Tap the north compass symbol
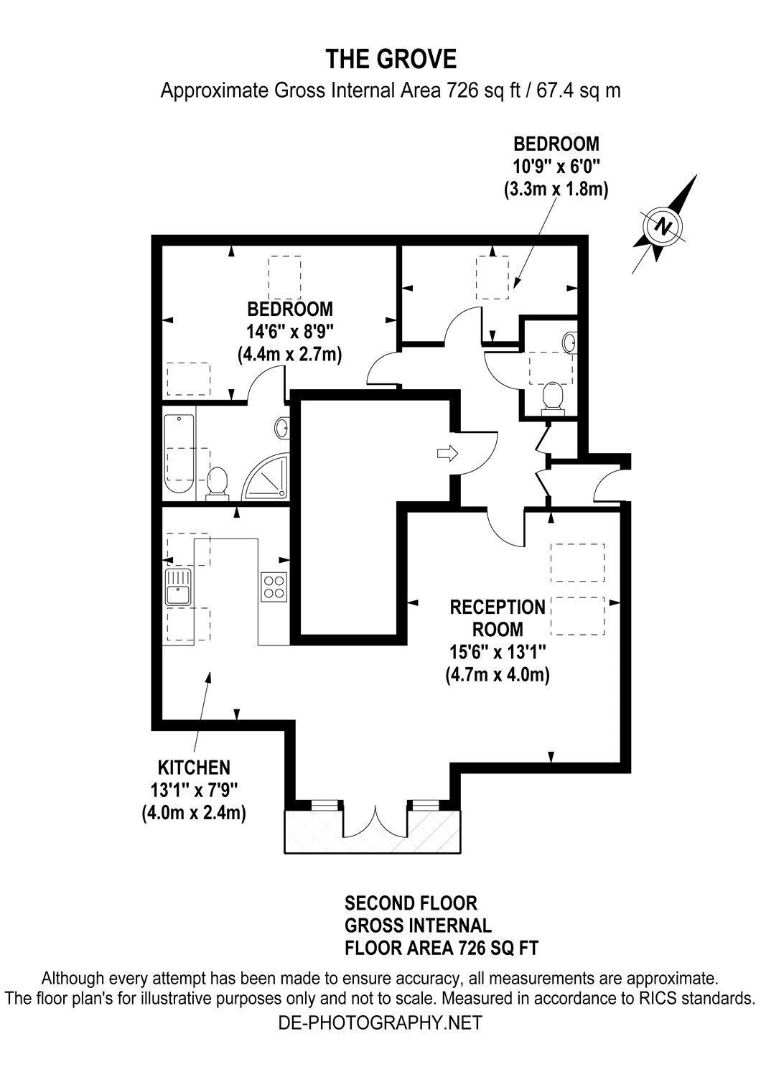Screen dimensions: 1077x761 tap(664, 226)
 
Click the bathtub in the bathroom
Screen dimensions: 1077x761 tap(179, 454)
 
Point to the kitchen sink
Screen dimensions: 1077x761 tap(177, 587)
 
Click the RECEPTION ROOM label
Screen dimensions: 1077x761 tap(498, 617)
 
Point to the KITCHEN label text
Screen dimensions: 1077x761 tap(195, 766)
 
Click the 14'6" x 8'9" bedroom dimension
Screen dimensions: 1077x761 tap(290, 331)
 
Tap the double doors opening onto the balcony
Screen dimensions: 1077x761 tap(375, 823)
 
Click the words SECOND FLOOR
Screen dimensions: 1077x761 tap(411, 903)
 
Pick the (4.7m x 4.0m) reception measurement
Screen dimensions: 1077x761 tap(498, 675)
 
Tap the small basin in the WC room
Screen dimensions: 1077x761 tap(570, 342)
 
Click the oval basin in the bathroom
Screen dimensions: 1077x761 tap(282, 428)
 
